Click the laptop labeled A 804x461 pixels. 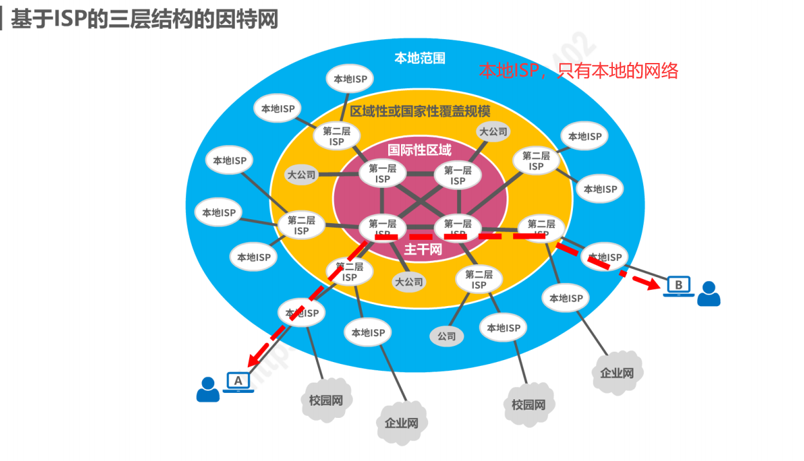(x=238, y=381)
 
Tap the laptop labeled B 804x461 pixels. (x=678, y=285)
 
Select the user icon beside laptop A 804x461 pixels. (x=207, y=390)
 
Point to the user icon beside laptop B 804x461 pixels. (x=709, y=294)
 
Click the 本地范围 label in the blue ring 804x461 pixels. (x=420, y=58)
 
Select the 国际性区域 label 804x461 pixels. (x=420, y=150)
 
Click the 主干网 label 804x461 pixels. (x=423, y=249)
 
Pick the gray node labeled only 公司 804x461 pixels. (x=447, y=336)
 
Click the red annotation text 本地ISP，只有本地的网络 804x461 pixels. (x=578, y=70)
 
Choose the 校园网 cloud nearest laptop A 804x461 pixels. (x=326, y=400)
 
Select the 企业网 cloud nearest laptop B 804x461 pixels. (x=617, y=372)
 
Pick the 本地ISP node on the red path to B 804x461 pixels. (x=605, y=257)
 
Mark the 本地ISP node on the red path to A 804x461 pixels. (x=302, y=313)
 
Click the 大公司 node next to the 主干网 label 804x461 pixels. (x=409, y=282)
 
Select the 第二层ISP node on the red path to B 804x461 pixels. (x=541, y=228)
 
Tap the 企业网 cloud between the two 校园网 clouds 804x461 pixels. (x=402, y=423)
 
